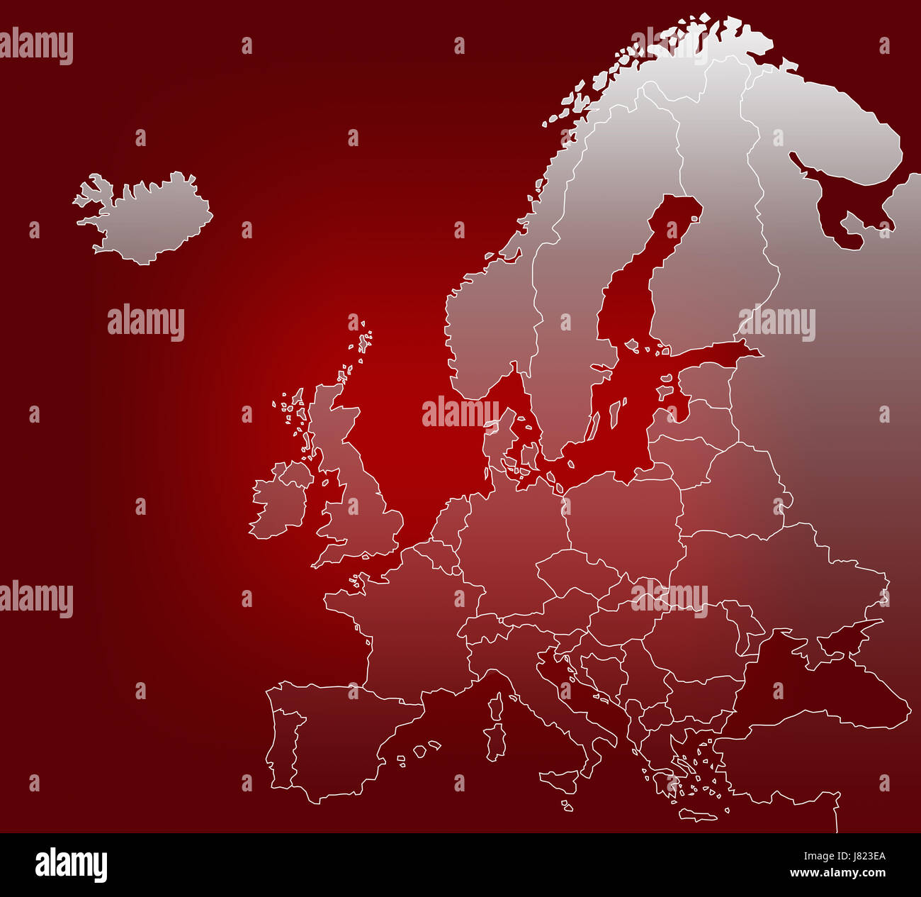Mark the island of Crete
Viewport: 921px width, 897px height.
(698, 815)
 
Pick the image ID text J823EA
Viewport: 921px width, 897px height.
(857, 856)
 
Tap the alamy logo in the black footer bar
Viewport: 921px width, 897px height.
(71, 865)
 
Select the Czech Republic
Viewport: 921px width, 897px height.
(574, 571)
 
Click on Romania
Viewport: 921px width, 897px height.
(694, 638)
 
